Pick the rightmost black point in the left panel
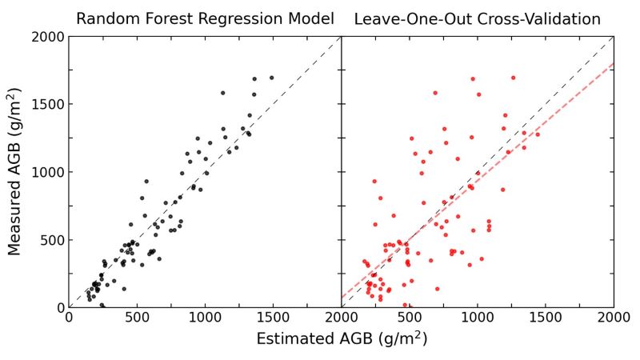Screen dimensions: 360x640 (x=271, y=78)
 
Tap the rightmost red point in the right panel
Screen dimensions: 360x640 (x=537, y=134)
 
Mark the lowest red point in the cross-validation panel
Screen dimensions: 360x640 (x=406, y=305)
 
